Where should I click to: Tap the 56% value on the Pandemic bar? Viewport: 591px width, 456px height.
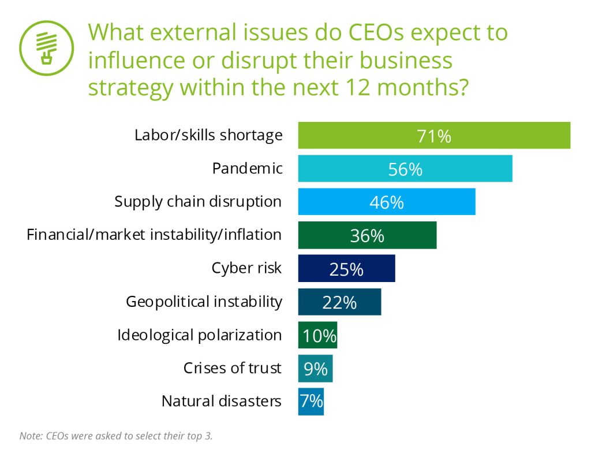coord(405,169)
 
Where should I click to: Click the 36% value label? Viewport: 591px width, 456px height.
coord(366,236)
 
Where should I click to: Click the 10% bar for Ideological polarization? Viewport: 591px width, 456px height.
coord(317,335)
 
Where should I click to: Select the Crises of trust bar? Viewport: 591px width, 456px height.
coord(315,368)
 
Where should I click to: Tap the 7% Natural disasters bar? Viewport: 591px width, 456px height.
coord(311,401)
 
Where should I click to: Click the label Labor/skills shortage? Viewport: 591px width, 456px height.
coord(208,135)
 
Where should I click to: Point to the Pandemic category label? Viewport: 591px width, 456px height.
coord(248,168)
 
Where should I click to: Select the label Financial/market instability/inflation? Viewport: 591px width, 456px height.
coord(155,235)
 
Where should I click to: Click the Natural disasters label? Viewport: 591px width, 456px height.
coord(221,401)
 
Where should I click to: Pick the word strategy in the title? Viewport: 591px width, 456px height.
coord(130,88)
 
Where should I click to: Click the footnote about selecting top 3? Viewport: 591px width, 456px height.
coord(116,436)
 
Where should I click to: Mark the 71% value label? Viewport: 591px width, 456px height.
coord(433,136)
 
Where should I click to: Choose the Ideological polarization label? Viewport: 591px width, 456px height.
coord(199,335)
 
